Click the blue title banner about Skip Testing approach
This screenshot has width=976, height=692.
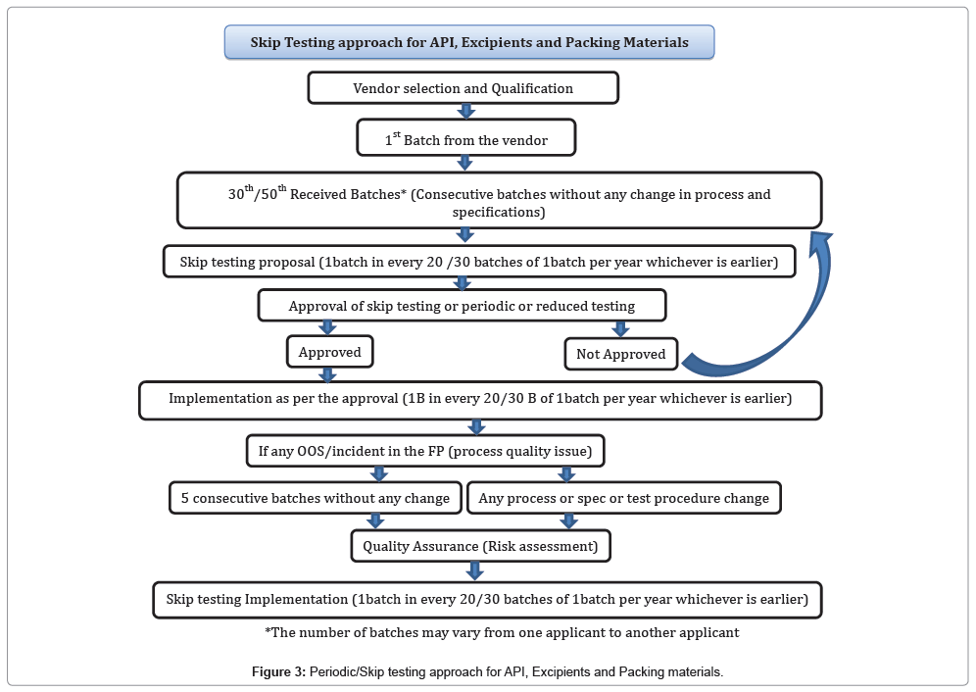[x=469, y=42]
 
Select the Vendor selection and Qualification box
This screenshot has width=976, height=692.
[x=464, y=88]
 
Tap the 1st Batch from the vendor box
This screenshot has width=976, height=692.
[x=465, y=140]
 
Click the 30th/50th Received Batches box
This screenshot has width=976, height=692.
[x=499, y=201]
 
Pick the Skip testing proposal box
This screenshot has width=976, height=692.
[x=479, y=262]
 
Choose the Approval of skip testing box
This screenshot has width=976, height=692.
[x=462, y=306]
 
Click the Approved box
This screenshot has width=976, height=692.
[x=329, y=352]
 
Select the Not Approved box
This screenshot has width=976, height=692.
[x=620, y=354]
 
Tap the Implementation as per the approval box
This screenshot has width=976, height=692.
[x=480, y=400]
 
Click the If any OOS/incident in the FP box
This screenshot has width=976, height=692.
[x=424, y=452]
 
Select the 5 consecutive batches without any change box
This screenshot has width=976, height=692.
[x=315, y=498]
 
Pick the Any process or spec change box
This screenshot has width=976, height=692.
[x=623, y=498]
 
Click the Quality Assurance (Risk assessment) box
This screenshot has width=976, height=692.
[x=480, y=545]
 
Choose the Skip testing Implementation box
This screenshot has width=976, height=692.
[x=486, y=599]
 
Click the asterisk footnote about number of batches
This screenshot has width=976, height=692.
[x=502, y=632]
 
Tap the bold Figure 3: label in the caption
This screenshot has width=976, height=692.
[x=278, y=672]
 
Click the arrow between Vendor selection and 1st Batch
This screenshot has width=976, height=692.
[x=466, y=112]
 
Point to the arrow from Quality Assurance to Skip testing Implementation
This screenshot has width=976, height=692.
[x=475, y=571]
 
